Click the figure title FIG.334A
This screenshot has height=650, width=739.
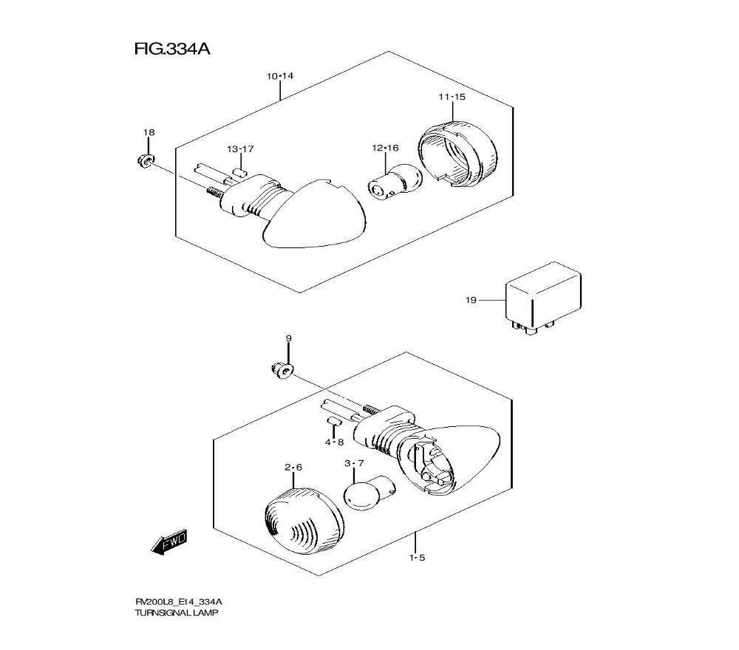coord(172,49)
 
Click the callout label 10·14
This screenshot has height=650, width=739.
coord(280,76)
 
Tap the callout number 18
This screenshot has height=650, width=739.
coord(149,132)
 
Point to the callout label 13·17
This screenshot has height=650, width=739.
coord(240,149)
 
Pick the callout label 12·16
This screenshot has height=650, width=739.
coord(385,148)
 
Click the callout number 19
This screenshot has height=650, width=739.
coord(471,300)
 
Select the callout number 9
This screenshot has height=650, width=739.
coord(289,338)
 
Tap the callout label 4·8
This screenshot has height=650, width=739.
coord(334,442)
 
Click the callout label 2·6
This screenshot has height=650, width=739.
coord(293,468)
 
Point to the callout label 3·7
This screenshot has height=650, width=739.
coord(354,463)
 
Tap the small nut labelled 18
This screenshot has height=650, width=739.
coord(145,160)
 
